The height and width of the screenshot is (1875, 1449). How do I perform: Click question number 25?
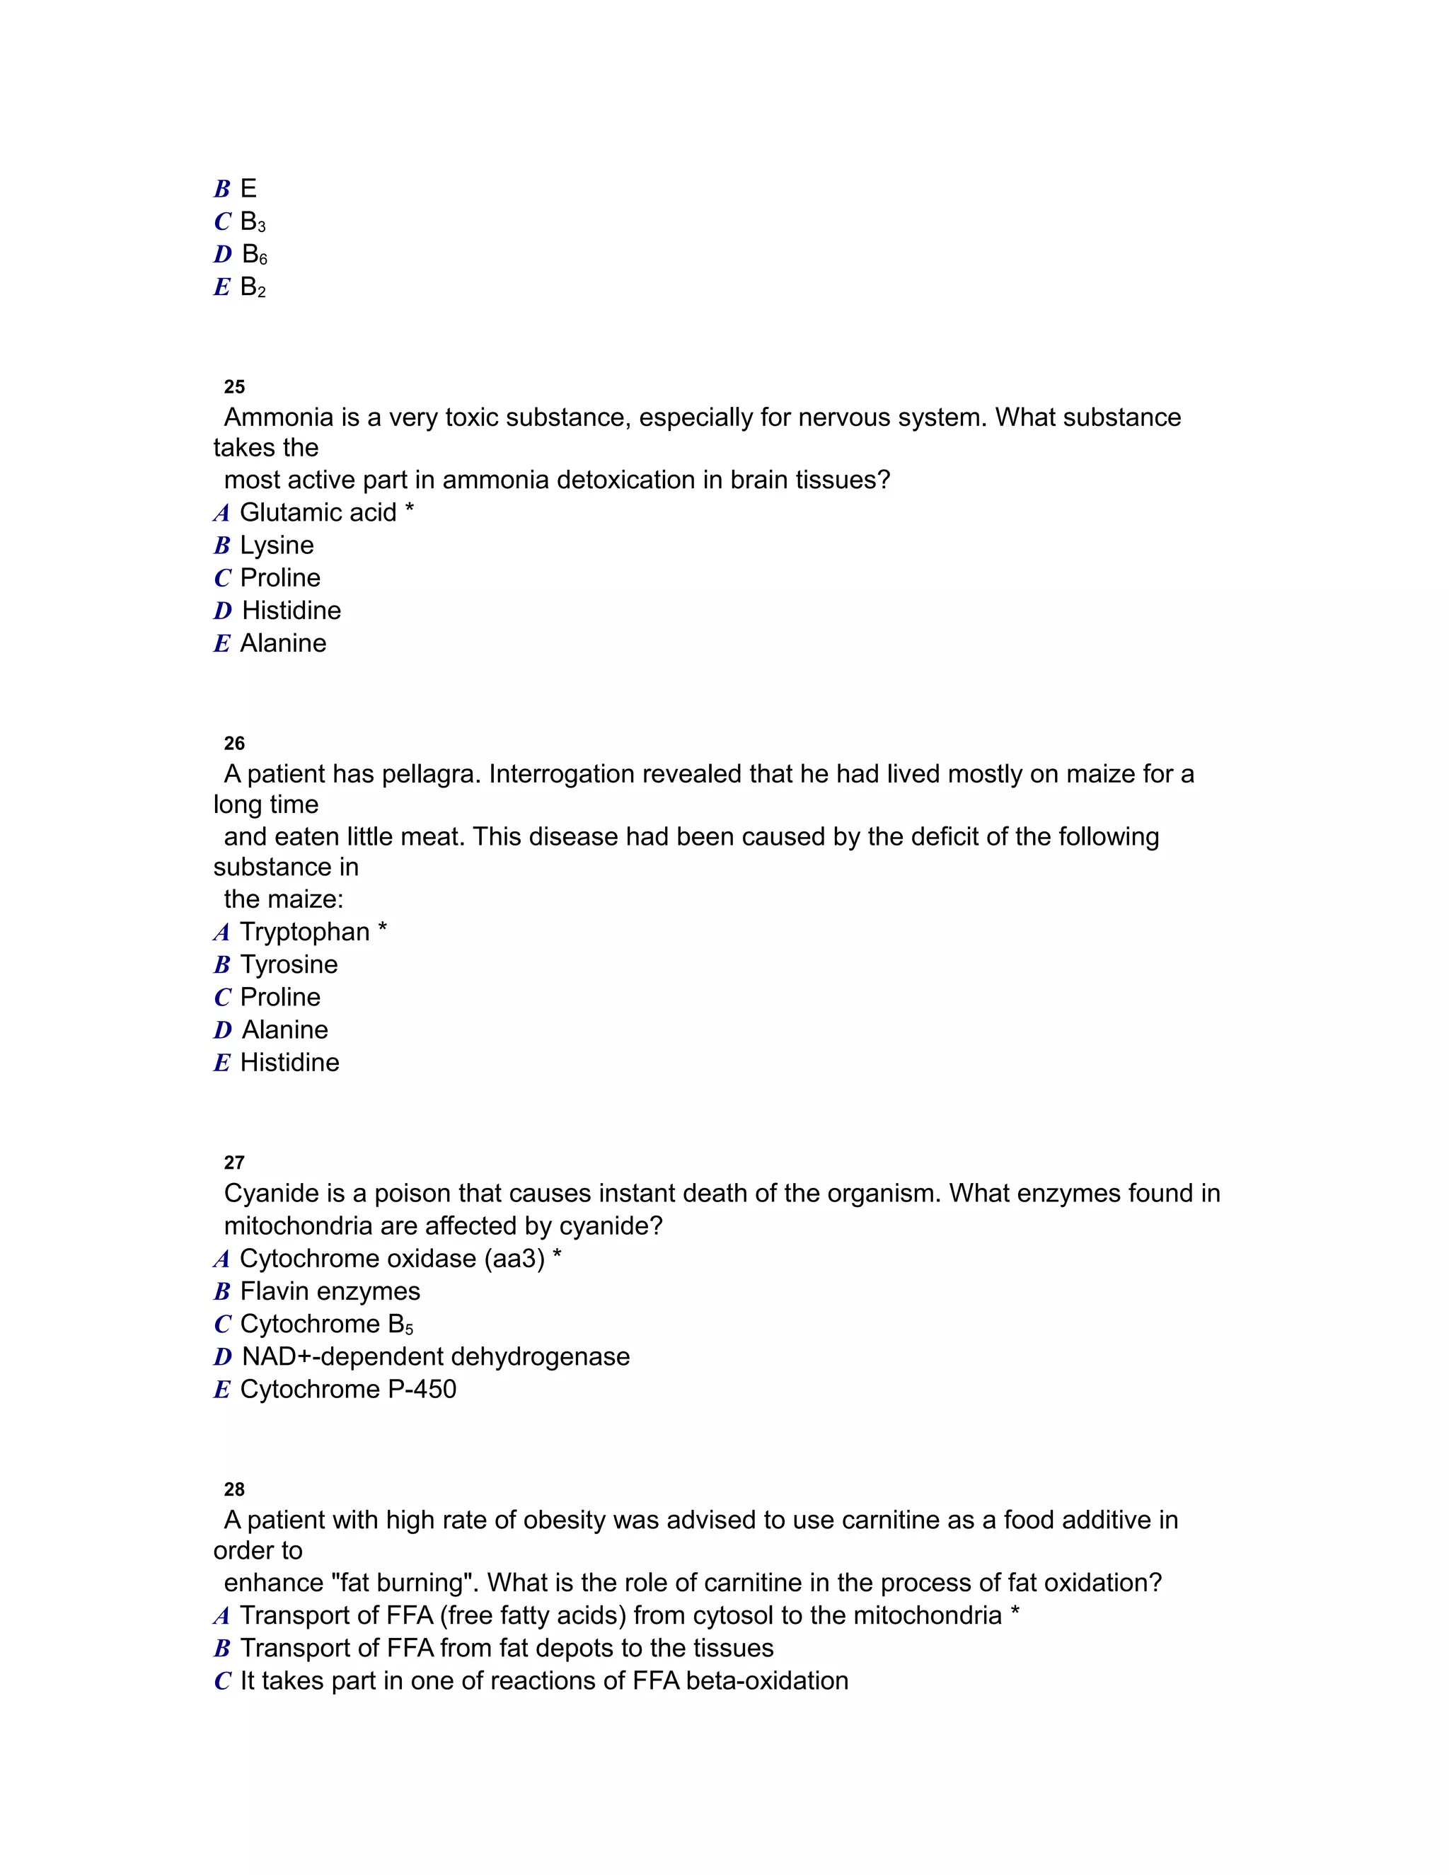tap(233, 387)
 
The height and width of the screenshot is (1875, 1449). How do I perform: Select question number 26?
tap(233, 744)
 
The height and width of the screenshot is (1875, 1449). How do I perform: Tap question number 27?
tap(233, 1163)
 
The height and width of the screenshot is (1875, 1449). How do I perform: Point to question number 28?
tap(233, 1489)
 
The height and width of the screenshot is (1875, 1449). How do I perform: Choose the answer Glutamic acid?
tap(318, 512)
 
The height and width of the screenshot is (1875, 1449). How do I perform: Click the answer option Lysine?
tap(277, 545)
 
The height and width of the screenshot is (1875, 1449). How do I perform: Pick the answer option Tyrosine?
tap(289, 965)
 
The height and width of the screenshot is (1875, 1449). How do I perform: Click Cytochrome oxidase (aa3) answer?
tap(392, 1259)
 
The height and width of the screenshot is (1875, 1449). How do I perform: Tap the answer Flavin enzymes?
tap(330, 1291)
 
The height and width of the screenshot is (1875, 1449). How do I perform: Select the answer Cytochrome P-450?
tap(347, 1389)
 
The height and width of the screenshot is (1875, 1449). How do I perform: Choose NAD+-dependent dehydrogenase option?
tap(435, 1356)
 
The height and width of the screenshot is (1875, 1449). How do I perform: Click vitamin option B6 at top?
tap(254, 255)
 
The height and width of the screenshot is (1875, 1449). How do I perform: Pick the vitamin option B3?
tap(253, 222)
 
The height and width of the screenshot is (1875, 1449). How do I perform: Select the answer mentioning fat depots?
tap(507, 1649)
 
